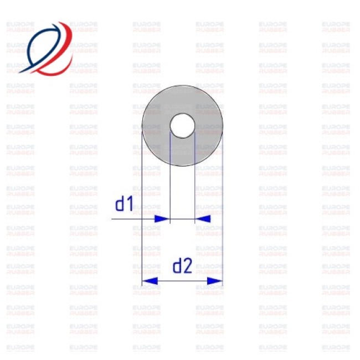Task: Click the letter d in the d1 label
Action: pos(120,205)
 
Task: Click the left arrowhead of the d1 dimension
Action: pos(162,219)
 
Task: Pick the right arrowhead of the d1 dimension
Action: pos(203,219)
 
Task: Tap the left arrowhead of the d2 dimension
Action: pos(148,281)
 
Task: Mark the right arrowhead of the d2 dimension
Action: pos(216,281)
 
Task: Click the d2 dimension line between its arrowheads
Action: pos(182,281)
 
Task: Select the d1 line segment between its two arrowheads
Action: pos(182,219)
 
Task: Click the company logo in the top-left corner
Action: pos(47,48)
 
